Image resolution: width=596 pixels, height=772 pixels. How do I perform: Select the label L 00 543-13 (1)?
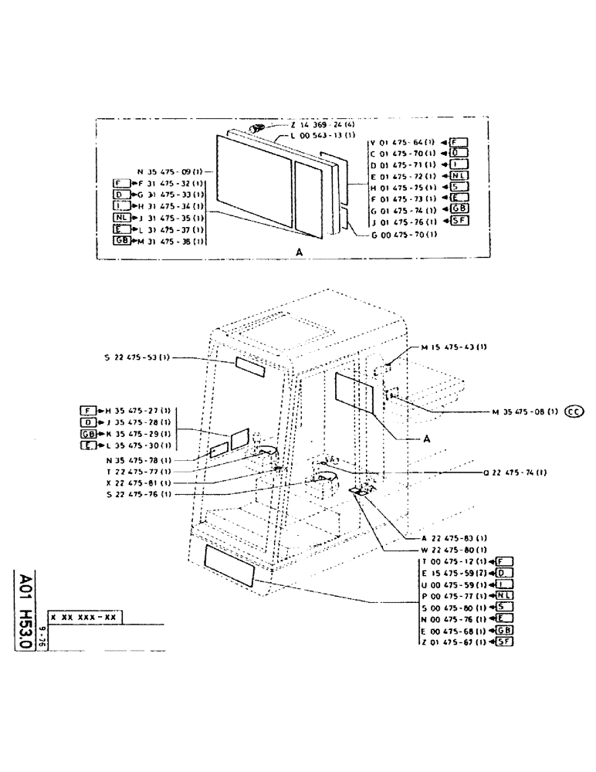coord(322,135)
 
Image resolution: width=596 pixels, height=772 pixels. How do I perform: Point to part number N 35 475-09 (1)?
coord(171,171)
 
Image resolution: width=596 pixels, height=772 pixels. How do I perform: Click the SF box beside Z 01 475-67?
coord(505,642)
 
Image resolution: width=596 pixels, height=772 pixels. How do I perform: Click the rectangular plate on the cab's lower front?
coord(230,566)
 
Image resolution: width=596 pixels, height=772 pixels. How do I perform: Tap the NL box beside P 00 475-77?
coord(503,595)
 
